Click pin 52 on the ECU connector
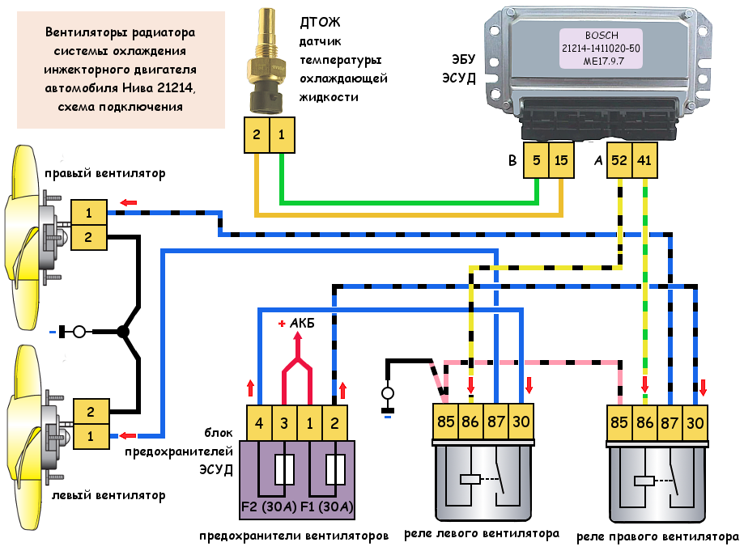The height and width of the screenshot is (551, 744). pos(619,161)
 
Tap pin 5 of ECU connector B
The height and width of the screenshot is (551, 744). pos(537,161)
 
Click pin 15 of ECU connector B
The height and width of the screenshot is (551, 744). pos(561,161)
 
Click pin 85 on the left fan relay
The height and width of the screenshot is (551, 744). pos(445,422)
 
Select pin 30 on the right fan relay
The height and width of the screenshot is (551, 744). pos(695,422)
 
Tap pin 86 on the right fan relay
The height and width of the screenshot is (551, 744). pos(645,422)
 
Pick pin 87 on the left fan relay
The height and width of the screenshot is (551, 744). pos(495,422)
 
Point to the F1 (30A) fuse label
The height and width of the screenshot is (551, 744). pos(325,508)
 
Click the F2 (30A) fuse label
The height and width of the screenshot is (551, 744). pos(271,508)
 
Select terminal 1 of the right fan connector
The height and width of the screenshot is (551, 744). pos(87,213)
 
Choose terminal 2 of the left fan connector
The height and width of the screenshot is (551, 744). pos(90,410)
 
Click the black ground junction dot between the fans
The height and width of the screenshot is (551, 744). pos(123,331)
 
